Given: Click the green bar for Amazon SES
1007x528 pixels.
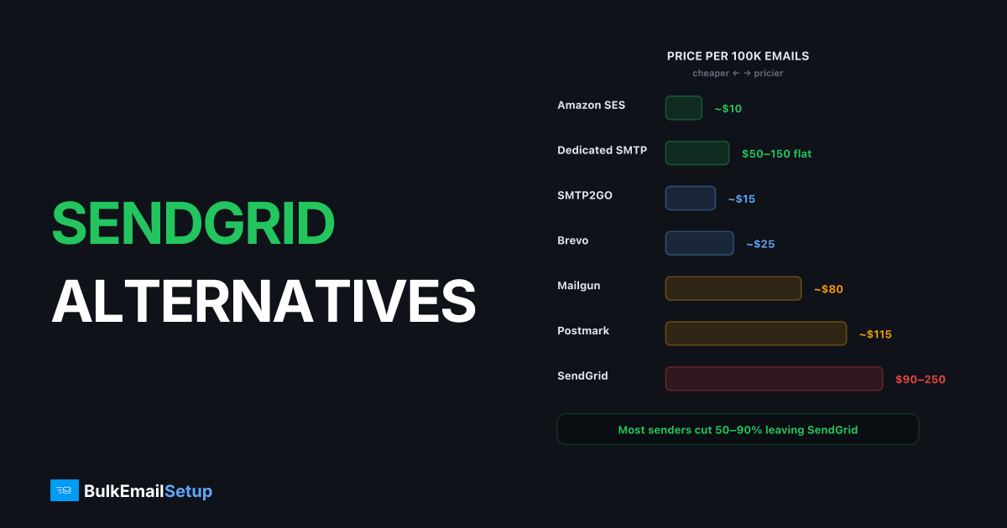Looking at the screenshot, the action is click(x=683, y=108).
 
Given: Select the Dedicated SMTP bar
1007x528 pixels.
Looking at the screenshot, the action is click(x=697, y=153).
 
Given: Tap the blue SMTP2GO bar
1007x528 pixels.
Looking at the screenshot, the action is click(x=690, y=198).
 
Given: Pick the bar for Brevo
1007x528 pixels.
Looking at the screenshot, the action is click(x=699, y=243).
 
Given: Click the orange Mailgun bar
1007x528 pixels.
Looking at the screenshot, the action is click(x=733, y=288).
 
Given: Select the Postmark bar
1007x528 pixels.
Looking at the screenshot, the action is click(x=756, y=334).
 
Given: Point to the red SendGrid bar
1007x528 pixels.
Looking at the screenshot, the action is click(x=774, y=379).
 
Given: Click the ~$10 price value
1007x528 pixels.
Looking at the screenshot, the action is click(x=728, y=109).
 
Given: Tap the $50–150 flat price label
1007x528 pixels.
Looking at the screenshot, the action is click(x=776, y=153).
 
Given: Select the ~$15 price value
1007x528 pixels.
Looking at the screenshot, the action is click(x=741, y=199).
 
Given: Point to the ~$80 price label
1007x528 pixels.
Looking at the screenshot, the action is click(x=828, y=289).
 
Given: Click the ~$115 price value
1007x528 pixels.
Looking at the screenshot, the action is click(x=874, y=334).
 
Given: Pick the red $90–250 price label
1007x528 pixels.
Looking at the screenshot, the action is click(x=921, y=380).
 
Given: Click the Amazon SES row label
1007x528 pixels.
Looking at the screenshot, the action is click(x=591, y=105).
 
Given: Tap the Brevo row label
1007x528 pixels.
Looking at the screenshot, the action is click(x=572, y=241).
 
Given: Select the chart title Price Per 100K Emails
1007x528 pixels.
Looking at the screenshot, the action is click(x=738, y=56).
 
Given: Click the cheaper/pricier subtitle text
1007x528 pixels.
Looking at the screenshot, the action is click(x=738, y=73).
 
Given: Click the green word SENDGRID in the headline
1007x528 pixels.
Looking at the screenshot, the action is click(x=193, y=223).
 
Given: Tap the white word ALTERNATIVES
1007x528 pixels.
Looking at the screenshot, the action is click(x=263, y=301).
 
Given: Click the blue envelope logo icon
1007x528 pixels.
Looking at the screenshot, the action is click(x=65, y=490).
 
